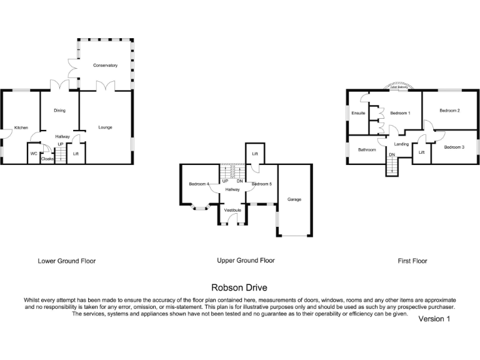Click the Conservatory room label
coord(105,66)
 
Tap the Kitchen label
coord(21,127)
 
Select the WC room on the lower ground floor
coord(34,153)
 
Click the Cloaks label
coord(47,159)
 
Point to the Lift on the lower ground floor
coord(76,153)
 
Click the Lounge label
coord(105,127)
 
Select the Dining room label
coord(59,111)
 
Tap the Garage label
coord(294,199)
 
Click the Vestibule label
coord(232,211)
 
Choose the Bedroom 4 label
coord(199,184)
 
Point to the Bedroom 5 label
coord(262,184)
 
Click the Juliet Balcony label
coord(399,87)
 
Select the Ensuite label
coord(358,113)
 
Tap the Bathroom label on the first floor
coord(367,150)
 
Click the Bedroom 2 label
coord(449,111)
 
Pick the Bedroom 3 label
coord(454,147)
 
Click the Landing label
coord(401,144)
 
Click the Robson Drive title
coord(239,288)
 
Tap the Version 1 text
coord(434,319)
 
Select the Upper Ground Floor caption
coord(246,261)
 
